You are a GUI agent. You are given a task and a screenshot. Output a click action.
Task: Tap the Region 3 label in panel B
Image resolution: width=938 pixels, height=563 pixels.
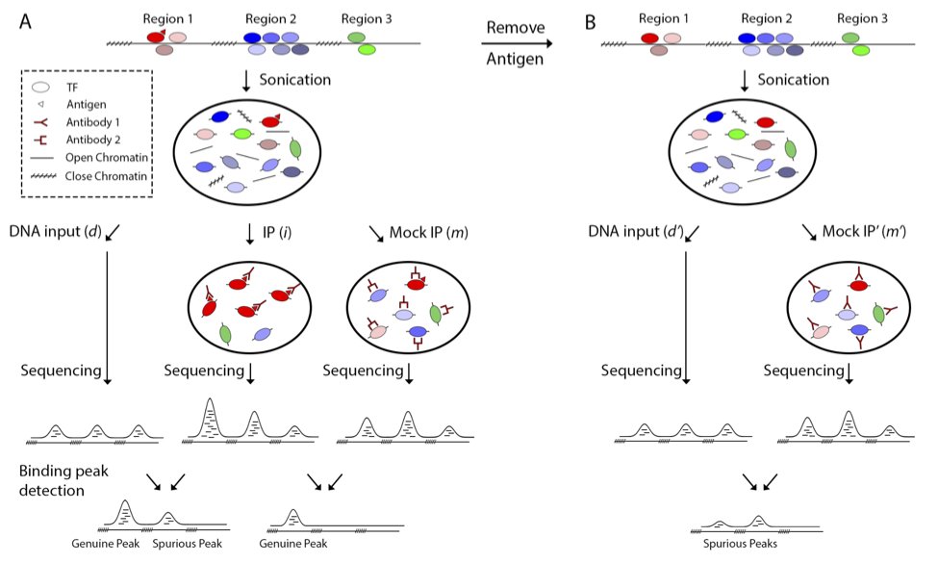pyautogui.click(x=865, y=18)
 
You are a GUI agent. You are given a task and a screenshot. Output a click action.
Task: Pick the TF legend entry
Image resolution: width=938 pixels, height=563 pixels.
pyautogui.click(x=72, y=87)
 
